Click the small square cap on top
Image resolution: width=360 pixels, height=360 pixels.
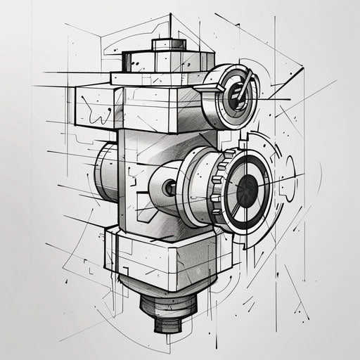pyautogui.click(x=169, y=44)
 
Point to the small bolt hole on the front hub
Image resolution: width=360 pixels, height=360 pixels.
pyautogui.click(x=169, y=188)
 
